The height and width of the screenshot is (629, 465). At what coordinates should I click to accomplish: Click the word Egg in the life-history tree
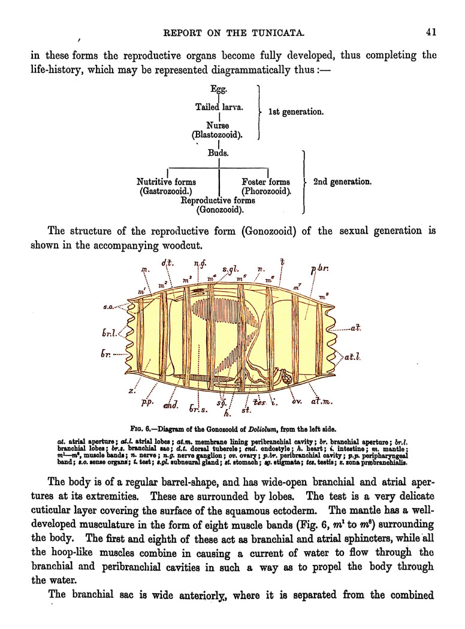(x=219, y=89)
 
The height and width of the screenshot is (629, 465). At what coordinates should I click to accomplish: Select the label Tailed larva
(x=219, y=107)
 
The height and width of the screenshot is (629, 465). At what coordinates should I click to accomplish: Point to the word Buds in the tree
(x=218, y=153)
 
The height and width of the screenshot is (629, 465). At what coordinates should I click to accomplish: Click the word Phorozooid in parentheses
(x=266, y=192)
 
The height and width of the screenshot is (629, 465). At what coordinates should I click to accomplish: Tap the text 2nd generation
(x=342, y=182)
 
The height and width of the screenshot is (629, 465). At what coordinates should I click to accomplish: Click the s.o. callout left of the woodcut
(x=110, y=307)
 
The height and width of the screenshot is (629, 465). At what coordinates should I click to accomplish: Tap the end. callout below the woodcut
(x=171, y=406)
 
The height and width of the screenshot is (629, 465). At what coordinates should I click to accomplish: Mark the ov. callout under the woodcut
(x=296, y=401)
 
